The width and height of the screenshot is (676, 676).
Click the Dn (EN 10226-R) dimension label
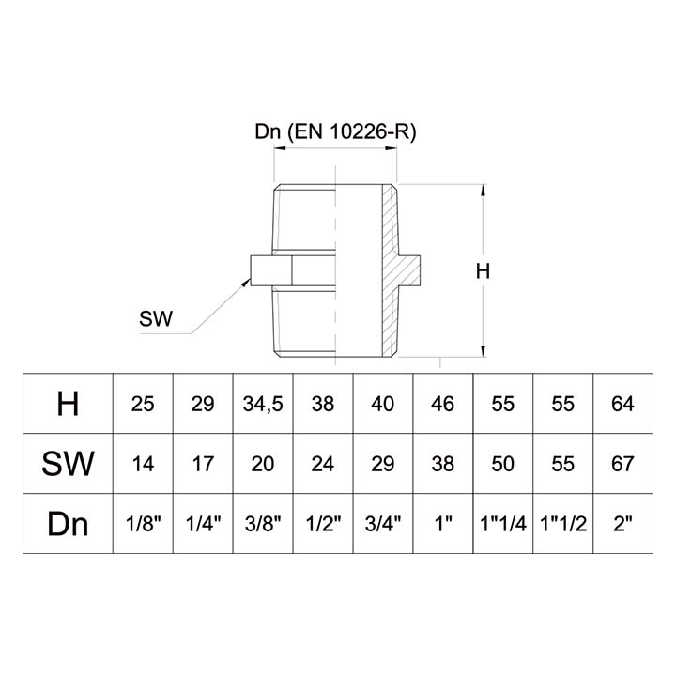(x=335, y=132)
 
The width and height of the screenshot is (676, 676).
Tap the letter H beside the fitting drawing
(x=483, y=272)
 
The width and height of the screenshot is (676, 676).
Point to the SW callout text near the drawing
(x=155, y=319)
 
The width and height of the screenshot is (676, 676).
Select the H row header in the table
(x=68, y=405)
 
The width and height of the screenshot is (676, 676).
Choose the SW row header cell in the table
(x=68, y=463)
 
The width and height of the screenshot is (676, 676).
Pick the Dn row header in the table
(x=68, y=523)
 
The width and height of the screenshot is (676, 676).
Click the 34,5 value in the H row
(x=263, y=405)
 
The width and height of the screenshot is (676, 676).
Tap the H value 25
(x=143, y=405)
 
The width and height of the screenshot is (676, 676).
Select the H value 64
(x=622, y=405)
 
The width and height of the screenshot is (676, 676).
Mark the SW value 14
(x=143, y=463)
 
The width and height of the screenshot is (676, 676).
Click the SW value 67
(x=622, y=463)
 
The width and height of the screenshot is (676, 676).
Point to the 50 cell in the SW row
(x=503, y=463)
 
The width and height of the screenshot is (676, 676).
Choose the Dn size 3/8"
(x=263, y=523)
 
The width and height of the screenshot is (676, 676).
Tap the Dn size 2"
(x=622, y=523)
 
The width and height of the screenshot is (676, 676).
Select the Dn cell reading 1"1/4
(x=503, y=523)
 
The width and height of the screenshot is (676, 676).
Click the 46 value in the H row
(x=442, y=405)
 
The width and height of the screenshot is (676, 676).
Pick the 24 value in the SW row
(x=323, y=463)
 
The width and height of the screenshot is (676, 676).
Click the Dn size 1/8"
(x=143, y=523)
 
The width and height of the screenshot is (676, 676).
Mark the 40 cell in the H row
(x=383, y=405)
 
